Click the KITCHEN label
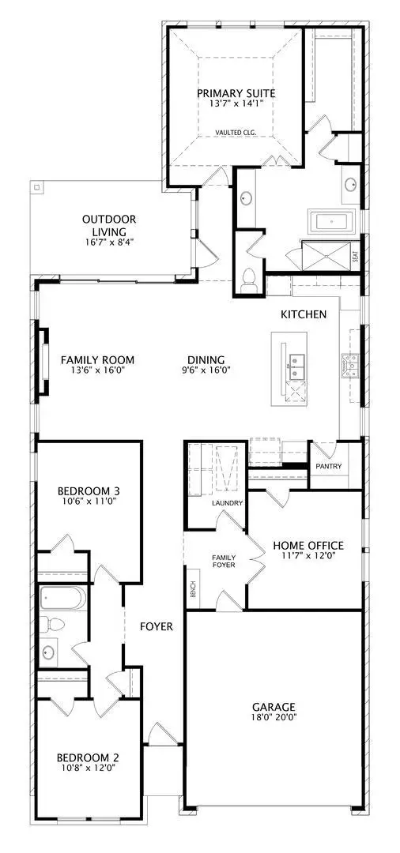point(304,314)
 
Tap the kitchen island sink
point(297,364)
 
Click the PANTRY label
point(328,467)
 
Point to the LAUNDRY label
point(226,503)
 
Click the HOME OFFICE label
point(308,546)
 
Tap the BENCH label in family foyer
point(191,589)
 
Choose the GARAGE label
point(274,707)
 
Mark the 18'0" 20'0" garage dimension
point(274,719)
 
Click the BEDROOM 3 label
point(89,490)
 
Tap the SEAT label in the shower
point(355,257)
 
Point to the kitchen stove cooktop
point(349,364)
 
